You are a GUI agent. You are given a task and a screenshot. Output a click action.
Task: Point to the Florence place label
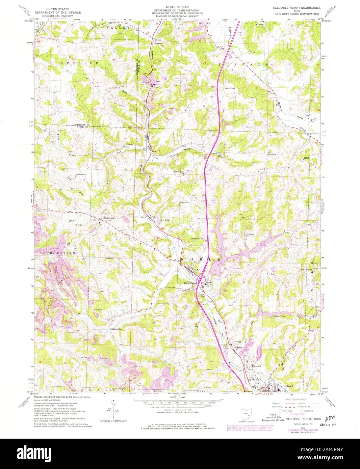click(x=257, y=366)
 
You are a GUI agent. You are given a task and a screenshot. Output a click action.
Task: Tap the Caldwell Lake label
click(x=279, y=316)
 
